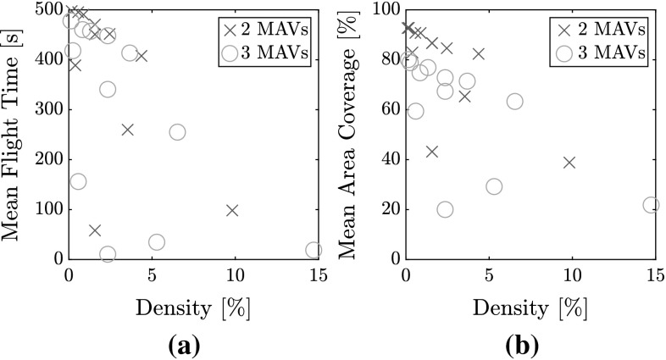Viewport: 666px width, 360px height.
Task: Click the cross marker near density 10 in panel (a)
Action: point(231,210)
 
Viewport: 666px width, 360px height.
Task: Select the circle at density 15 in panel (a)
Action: point(314,250)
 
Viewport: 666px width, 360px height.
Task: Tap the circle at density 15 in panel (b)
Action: point(651,204)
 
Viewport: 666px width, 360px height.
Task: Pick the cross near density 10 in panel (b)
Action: point(569,163)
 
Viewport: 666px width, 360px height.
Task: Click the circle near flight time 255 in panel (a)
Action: point(177,132)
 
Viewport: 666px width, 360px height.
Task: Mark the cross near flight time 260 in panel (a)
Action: point(127,130)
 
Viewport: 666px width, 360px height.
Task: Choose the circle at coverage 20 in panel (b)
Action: point(445,209)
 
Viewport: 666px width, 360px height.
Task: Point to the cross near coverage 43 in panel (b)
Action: point(431,152)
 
